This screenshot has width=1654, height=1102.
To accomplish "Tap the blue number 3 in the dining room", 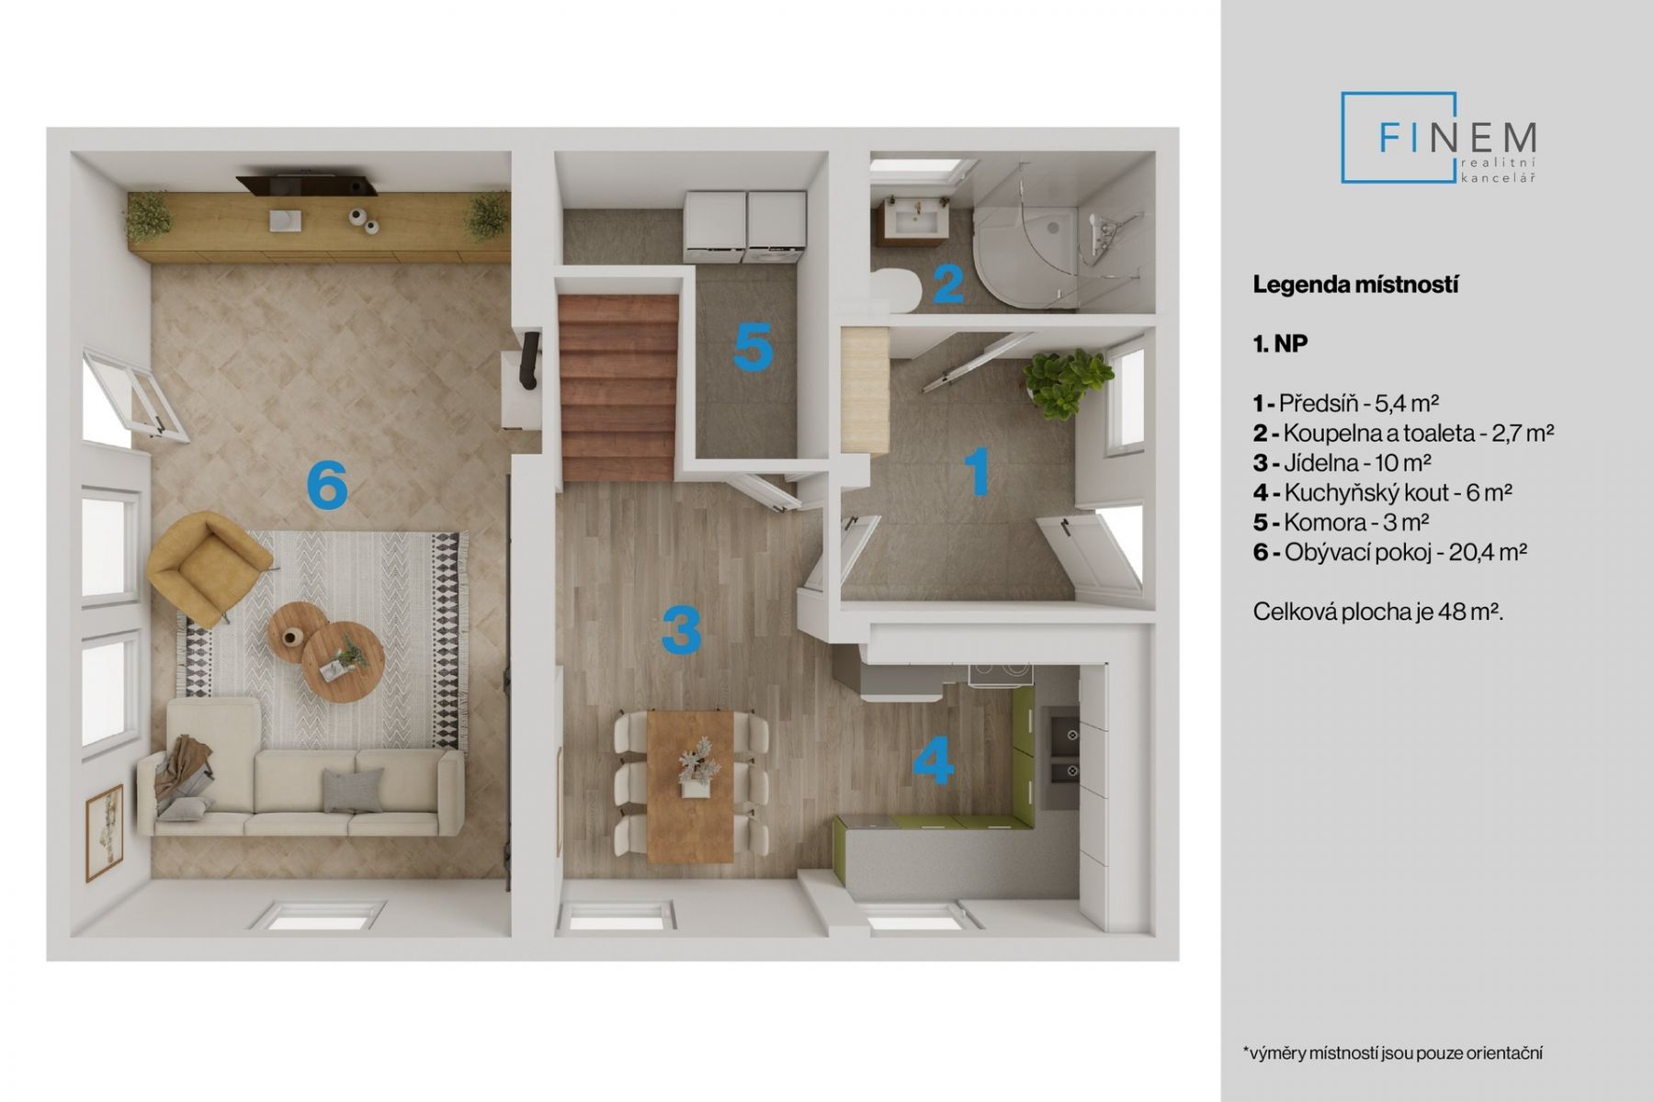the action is pyautogui.click(x=682, y=631).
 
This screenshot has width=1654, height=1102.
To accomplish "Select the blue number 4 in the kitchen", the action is pyautogui.click(x=934, y=762).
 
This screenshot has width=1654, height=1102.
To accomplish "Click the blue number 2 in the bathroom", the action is pyautogui.click(x=948, y=286).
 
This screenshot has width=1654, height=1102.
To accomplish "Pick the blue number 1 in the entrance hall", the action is pyautogui.click(x=977, y=471).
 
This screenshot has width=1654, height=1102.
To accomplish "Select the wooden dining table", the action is pyautogui.click(x=690, y=786).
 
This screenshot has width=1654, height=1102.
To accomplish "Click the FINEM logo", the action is pyautogui.click(x=1439, y=138).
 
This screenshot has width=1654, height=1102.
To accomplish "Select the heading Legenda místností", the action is pyautogui.click(x=1355, y=285).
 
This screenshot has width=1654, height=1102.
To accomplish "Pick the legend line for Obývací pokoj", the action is pyautogui.click(x=1389, y=552).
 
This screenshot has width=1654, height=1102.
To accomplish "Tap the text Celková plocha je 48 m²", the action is pyautogui.click(x=1377, y=612).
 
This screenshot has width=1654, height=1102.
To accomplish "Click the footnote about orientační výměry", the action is pyautogui.click(x=1392, y=1052).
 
